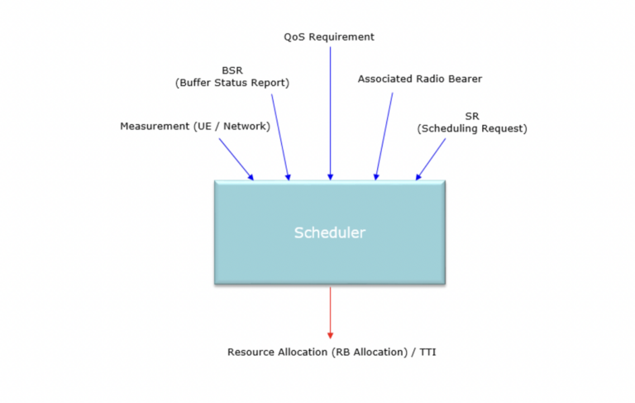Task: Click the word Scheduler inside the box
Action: coord(329,233)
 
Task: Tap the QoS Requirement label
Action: coord(329,36)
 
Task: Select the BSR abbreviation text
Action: coord(232,70)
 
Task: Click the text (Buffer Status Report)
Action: coord(232,83)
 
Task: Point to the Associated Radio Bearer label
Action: coord(419,79)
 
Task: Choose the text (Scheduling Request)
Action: coord(472,129)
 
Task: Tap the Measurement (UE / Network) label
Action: coord(195,126)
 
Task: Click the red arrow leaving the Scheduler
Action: coord(330,310)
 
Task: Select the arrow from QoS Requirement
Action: coord(330,112)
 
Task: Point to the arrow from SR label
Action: coord(431,159)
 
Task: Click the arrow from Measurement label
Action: coord(236,159)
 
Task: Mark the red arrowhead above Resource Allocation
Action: coord(330,334)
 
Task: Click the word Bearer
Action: coord(464,79)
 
